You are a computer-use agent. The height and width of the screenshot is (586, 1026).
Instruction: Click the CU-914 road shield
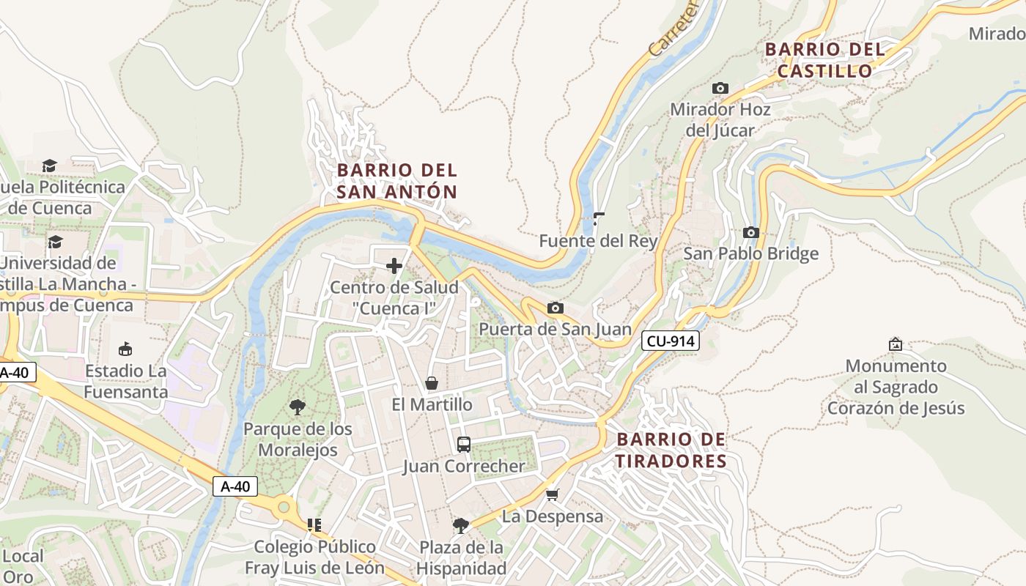coord(671,341)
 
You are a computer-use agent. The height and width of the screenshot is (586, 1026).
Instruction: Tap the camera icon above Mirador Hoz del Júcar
coord(720,88)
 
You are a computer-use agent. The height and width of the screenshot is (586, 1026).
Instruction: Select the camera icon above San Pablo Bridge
coord(750,232)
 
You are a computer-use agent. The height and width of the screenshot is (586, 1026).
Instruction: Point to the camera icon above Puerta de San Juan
coord(555,308)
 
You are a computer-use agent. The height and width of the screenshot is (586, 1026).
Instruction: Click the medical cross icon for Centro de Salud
coord(394,265)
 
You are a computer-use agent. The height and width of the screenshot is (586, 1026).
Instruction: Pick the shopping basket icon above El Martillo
coord(432,382)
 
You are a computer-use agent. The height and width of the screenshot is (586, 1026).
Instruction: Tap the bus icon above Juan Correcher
coord(464,444)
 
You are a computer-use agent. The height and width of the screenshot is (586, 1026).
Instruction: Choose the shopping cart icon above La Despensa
coord(553,494)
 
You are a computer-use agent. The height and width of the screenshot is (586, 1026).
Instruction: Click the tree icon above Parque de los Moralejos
coord(298,407)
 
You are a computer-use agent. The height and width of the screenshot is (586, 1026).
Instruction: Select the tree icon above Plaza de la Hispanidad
coord(461,525)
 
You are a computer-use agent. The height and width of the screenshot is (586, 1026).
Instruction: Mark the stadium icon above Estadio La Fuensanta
coord(125,348)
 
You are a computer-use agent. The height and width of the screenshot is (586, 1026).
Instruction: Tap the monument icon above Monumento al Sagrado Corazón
coord(895,344)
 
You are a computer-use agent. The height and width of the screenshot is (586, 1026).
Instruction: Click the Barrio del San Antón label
coord(397,181)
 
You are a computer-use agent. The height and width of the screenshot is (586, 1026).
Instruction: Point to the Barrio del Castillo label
coord(825,60)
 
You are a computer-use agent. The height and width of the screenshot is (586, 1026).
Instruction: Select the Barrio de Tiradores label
coord(671,450)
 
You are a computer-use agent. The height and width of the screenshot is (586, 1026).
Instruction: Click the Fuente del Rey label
coord(598,241)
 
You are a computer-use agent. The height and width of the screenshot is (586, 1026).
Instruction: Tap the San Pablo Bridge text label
coord(750,254)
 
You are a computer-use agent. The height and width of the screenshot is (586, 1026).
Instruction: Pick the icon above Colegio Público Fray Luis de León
coord(314,524)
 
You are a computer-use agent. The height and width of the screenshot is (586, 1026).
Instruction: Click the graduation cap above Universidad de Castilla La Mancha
coord(55,242)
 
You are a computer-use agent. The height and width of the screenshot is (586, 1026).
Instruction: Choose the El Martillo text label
coord(432,404)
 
